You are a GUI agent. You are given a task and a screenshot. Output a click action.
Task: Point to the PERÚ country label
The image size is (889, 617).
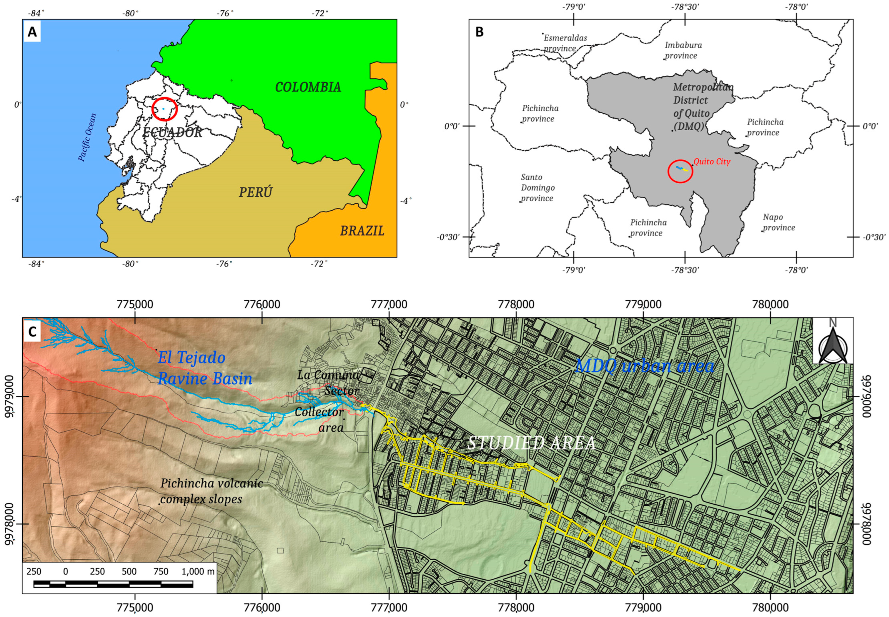click(x=255, y=192)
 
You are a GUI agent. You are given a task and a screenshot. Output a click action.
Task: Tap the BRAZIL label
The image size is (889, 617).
click(x=362, y=231)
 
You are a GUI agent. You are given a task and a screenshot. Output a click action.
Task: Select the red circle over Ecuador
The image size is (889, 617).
click(x=164, y=109)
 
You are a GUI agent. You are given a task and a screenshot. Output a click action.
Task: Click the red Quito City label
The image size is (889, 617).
click(x=712, y=162)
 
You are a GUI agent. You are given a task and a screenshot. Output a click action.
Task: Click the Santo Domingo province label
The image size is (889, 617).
click(x=538, y=188)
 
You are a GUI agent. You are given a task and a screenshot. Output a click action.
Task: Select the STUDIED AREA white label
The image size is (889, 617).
click(x=531, y=443)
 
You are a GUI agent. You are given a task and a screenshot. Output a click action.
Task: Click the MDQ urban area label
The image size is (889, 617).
click(x=645, y=366)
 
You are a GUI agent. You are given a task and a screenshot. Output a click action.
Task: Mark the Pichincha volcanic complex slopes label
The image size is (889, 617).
click(x=212, y=491)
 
